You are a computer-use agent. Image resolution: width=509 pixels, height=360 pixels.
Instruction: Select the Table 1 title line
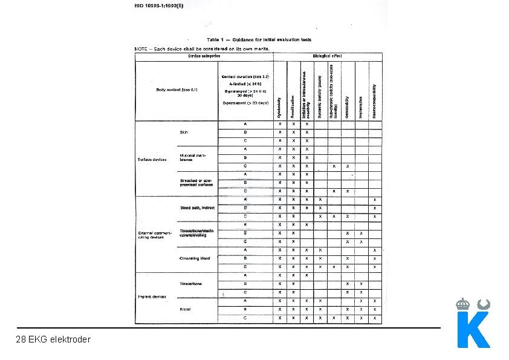pyautogui.click(x=259, y=40)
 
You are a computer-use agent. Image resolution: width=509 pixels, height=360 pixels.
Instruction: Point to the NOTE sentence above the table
pyautogui.click(x=201, y=48)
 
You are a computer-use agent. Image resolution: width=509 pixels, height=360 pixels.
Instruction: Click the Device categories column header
pyautogui.click(x=204, y=56)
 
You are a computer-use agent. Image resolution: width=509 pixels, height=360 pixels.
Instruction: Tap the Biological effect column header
pyautogui.click(x=327, y=56)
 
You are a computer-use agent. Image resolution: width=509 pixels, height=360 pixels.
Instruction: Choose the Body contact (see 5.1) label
pyautogui.click(x=177, y=90)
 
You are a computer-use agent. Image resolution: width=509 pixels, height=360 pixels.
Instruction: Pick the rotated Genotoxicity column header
pyautogui.click(x=347, y=106)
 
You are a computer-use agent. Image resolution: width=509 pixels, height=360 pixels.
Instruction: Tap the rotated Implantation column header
pyautogui.click(x=361, y=106)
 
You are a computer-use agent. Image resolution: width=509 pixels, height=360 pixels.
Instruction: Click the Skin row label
pyautogui.click(x=184, y=132)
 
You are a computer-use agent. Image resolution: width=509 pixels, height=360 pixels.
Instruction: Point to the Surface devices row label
pyautogui.click(x=152, y=160)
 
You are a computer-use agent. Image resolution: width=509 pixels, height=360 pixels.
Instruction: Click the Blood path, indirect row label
pyautogui.click(x=197, y=208)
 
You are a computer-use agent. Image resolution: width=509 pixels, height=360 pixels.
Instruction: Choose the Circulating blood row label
pyautogui.click(x=195, y=258)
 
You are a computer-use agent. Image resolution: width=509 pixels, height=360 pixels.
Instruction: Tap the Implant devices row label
pyautogui.click(x=152, y=296)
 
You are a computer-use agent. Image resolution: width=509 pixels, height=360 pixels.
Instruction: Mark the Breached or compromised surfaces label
pyautogui.click(x=197, y=183)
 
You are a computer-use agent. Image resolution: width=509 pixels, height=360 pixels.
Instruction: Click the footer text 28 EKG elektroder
pyautogui.click(x=53, y=339)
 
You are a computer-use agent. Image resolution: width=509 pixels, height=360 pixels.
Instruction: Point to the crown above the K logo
pyautogui.click(x=463, y=304)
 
